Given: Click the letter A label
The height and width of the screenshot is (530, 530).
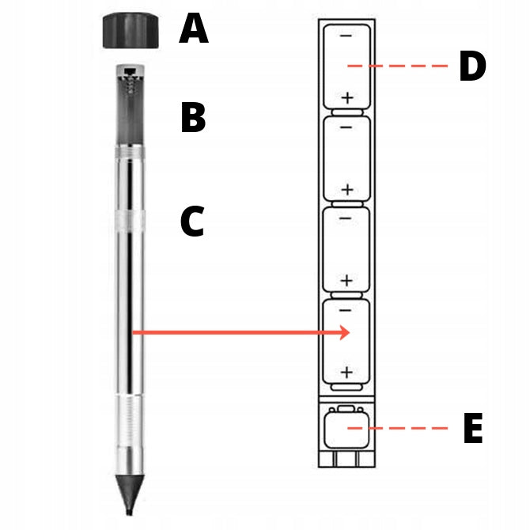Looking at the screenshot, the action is tap(194, 28).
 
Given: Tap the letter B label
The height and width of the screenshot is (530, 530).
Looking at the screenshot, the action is tap(193, 117).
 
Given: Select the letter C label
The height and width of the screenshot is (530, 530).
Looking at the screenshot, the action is tap(192, 221).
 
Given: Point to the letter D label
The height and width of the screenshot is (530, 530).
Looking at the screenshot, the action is tap(472, 66).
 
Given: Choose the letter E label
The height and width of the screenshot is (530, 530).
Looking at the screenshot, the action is tap(473, 428).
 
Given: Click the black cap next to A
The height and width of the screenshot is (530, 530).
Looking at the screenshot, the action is tap(131, 30).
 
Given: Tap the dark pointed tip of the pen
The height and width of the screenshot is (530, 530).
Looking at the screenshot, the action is tap(130, 495).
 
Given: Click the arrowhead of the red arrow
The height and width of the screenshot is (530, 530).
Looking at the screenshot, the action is tap(344, 332).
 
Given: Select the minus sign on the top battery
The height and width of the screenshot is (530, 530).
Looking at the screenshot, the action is tap(346, 36).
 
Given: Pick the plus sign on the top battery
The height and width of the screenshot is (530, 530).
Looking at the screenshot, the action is tap(347, 98).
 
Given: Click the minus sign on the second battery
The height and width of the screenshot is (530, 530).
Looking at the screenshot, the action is tap(346, 127).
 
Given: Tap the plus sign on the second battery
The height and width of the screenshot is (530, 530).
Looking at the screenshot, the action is tap(347, 190).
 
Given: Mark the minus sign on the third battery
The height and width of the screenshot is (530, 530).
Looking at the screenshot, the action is tap(345, 218).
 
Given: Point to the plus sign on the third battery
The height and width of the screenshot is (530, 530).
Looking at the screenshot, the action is tap(346, 281).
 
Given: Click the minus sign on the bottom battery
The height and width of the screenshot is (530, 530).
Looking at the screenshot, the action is tap(345, 310).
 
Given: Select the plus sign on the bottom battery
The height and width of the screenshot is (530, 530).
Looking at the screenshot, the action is tap(346, 372).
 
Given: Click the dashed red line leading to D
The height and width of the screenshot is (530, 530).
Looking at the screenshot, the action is tap(397, 66).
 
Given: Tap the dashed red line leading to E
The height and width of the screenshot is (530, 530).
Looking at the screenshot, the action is tap(397, 428).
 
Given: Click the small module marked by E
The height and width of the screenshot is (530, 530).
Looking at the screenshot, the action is tap(346, 427).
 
